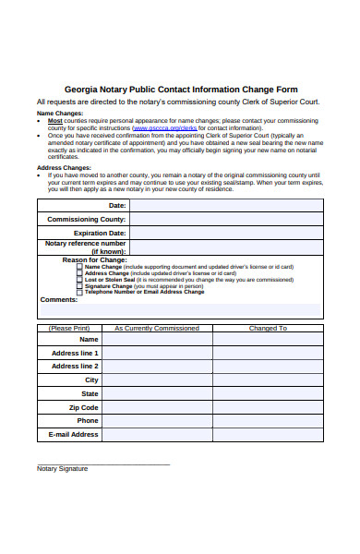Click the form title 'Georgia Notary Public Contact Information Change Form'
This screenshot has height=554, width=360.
(179, 89)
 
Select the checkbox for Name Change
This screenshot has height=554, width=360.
(79, 266)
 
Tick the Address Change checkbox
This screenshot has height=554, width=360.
(79, 272)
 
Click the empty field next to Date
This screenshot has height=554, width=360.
(225, 205)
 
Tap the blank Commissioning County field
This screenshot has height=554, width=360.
(225, 219)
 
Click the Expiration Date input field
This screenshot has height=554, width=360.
(225, 233)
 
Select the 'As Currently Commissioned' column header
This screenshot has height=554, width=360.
(157, 328)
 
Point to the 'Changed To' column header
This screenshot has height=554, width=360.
(268, 328)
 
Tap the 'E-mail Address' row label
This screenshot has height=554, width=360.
(74, 434)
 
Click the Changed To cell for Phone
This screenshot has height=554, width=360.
(268, 420)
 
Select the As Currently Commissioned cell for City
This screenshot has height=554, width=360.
(157, 379)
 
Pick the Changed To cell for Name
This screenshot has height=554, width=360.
(268, 339)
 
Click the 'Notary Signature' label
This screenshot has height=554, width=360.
(62, 468)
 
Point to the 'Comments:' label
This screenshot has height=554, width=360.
(59, 299)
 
